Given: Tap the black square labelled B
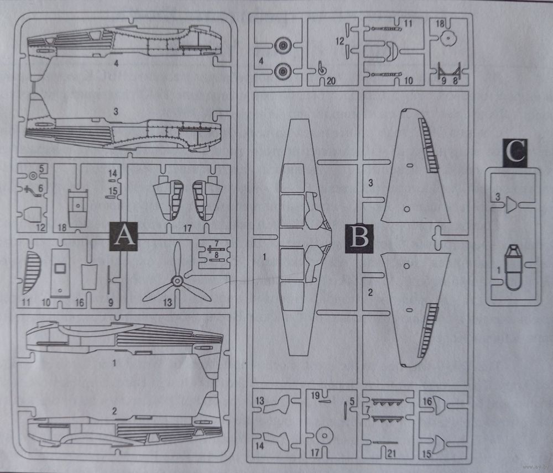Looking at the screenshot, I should pyautogui.click(x=359, y=238).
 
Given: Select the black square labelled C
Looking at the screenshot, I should pyautogui.click(x=515, y=153).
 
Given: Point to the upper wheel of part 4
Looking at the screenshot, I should pyautogui.click(x=284, y=45).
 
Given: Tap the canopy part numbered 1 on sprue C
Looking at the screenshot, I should pyautogui.click(x=514, y=267).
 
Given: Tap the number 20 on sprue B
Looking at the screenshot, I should pyautogui.click(x=331, y=81).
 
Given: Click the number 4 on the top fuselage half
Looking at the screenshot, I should pyautogui.click(x=117, y=64).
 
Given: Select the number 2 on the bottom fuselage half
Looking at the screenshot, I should pyautogui.click(x=114, y=411).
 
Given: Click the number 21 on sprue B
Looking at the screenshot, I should pyautogui.click(x=392, y=454).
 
